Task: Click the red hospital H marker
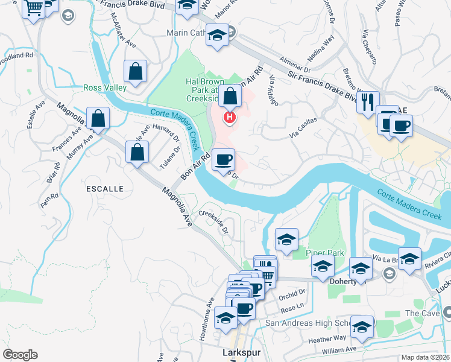(230, 116)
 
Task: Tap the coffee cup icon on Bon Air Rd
(224, 159)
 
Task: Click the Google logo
(20, 355)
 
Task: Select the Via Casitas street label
(302, 132)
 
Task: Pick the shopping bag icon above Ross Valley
(136, 71)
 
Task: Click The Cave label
(420, 313)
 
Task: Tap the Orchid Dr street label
(293, 297)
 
